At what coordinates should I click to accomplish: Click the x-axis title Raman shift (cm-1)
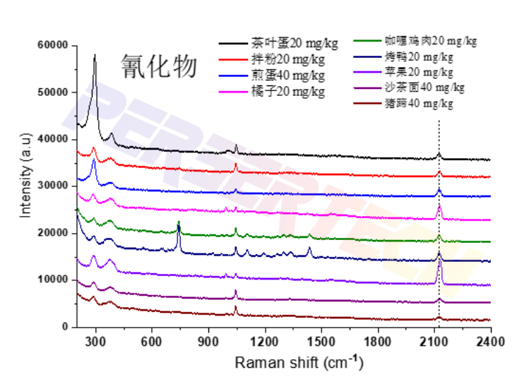[x=299, y=364]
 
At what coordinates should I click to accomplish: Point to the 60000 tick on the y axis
[x=52, y=46]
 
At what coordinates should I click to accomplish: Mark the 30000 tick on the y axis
[x=52, y=186]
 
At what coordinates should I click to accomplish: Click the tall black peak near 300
[x=95, y=56]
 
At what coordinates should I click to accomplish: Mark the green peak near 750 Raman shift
[x=179, y=222]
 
